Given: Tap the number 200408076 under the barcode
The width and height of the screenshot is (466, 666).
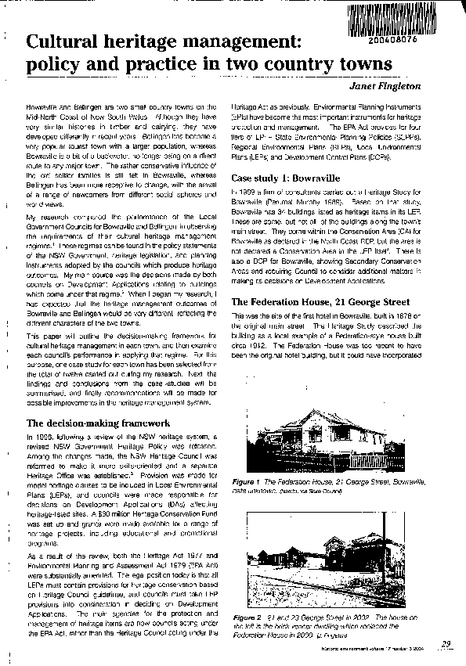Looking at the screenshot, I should [428, 33].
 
